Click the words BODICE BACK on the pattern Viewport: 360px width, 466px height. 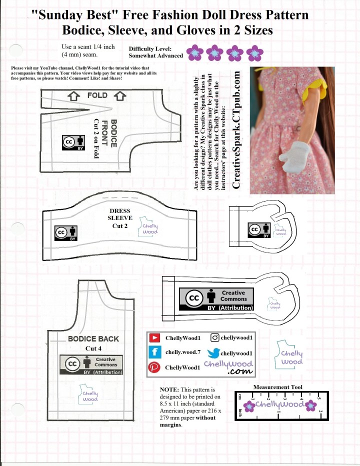pyautogui.click(x=93, y=338)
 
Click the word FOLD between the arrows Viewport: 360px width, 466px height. pyautogui.click(x=97, y=95)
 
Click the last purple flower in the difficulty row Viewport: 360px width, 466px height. pyautogui.click(x=255, y=51)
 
